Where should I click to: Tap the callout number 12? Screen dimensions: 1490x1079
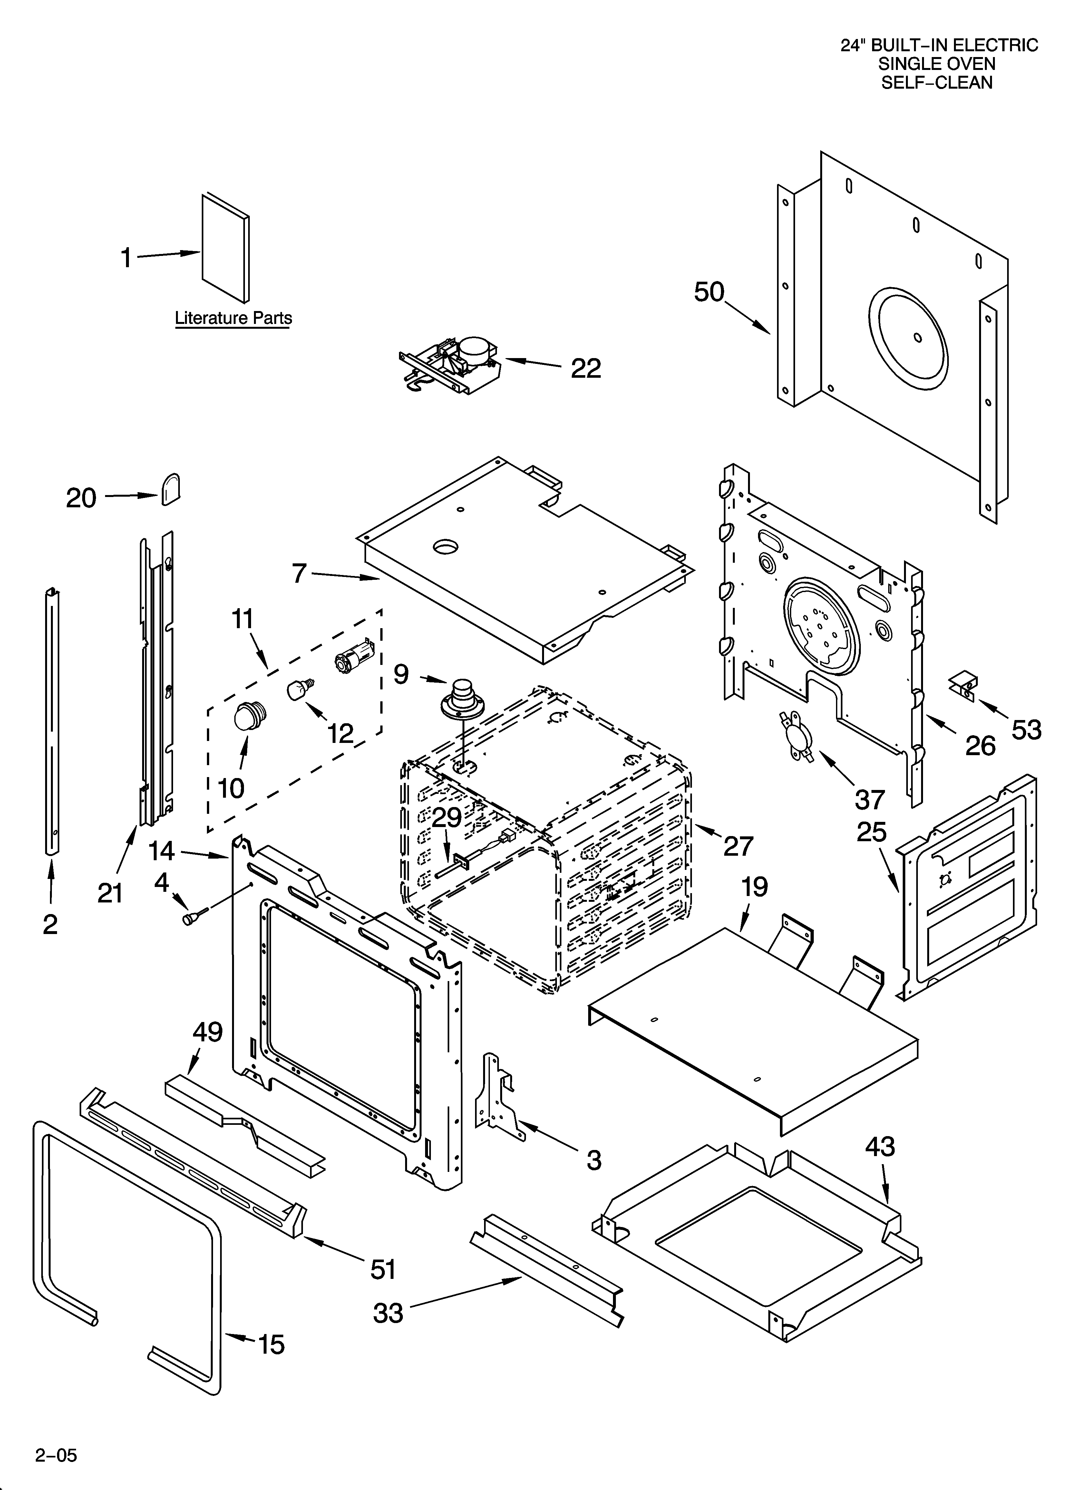pos(340,733)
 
